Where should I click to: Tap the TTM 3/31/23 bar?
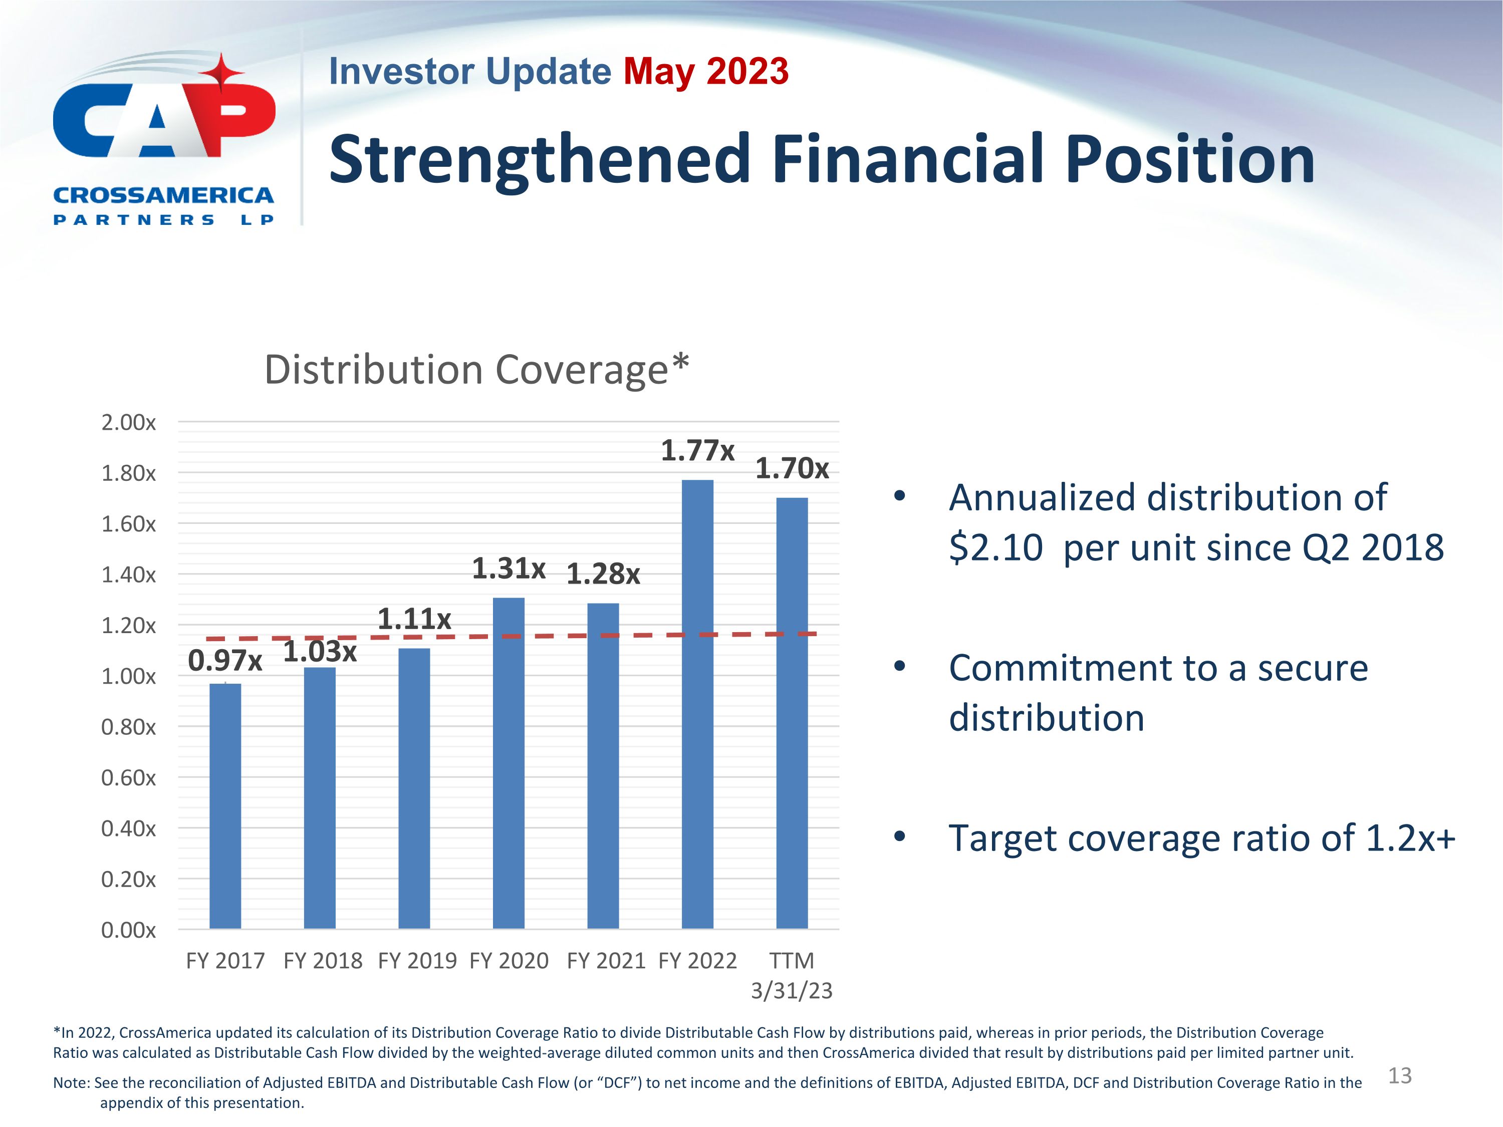[x=792, y=713]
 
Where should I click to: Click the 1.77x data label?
[x=697, y=450]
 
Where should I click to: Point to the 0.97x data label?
[x=225, y=660]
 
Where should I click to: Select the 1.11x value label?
[x=414, y=619]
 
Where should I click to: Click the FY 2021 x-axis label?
[x=605, y=961]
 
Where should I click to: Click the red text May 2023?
[x=705, y=71]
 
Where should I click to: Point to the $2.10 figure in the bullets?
[x=995, y=547]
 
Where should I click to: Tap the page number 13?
[x=1400, y=1075]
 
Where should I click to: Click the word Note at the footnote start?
[x=71, y=1083]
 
